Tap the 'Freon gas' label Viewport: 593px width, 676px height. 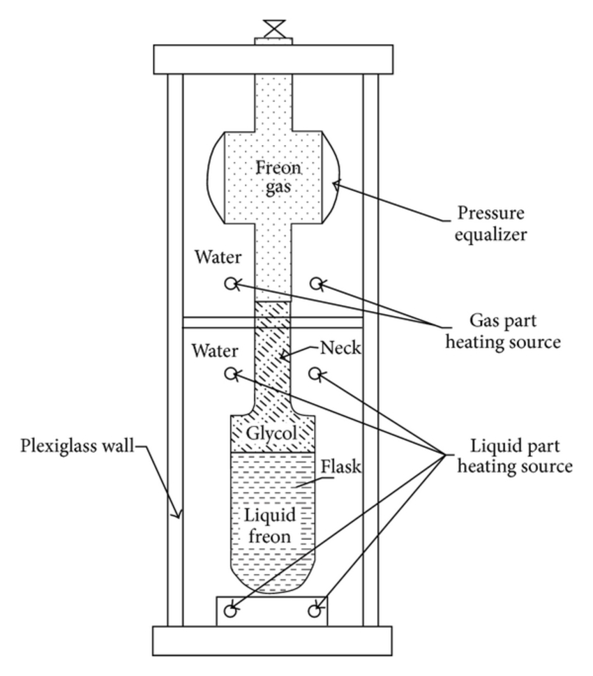[273, 177]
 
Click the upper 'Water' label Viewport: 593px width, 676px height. [218, 257]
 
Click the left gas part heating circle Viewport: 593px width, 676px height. [231, 283]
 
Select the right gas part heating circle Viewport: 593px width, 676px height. [317, 283]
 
